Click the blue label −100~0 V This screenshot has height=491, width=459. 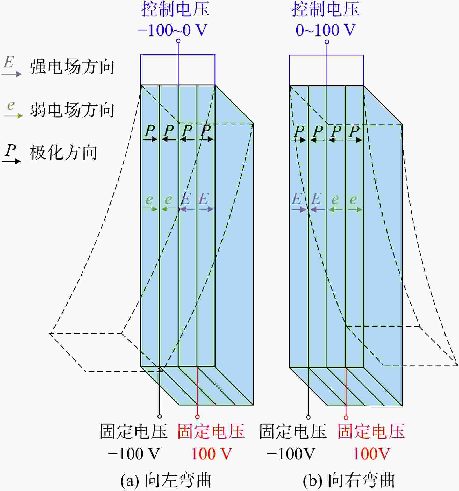(x=173, y=30)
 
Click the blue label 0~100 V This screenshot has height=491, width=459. (x=326, y=30)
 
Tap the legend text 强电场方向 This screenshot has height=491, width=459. (x=72, y=67)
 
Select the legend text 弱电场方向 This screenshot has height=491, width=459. (x=72, y=110)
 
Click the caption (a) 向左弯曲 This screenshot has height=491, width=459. (x=166, y=480)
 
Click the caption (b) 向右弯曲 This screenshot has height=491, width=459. (x=349, y=480)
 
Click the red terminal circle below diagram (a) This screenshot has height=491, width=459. (x=197, y=417)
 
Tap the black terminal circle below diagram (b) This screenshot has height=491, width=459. (x=308, y=417)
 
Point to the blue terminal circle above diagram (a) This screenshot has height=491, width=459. (x=178, y=41)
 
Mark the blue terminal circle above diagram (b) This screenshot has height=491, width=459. (x=327, y=42)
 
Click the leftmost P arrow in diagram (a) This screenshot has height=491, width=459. (x=150, y=139)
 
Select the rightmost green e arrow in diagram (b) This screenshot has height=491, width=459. (x=355, y=209)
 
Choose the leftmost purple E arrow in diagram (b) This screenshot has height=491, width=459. (x=299, y=209)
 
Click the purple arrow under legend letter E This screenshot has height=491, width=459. (x=11, y=74)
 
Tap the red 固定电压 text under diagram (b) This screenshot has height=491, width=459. (x=371, y=431)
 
